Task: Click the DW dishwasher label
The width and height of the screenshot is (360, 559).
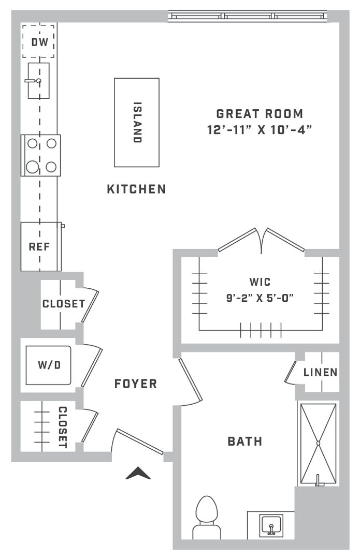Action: (39, 42)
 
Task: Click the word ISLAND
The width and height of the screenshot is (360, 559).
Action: (137, 122)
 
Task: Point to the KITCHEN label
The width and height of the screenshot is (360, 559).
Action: (137, 189)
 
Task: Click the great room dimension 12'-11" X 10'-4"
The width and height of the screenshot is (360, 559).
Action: (260, 130)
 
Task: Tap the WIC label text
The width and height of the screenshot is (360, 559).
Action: (260, 282)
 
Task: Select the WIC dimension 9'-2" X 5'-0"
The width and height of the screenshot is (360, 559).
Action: (260, 298)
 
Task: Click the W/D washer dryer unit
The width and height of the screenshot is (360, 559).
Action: (48, 365)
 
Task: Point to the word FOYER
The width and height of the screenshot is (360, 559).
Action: (136, 384)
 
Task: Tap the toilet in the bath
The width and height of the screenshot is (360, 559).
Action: (207, 517)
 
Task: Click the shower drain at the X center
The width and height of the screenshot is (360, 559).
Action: (318, 443)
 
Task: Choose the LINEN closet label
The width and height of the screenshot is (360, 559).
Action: (321, 373)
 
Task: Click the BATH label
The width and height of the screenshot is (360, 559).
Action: (245, 442)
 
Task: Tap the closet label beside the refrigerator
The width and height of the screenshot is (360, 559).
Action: (64, 304)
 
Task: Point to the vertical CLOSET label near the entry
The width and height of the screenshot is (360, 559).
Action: (63, 427)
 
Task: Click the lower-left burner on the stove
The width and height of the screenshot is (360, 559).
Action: (33, 167)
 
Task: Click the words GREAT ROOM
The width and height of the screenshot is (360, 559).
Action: (260, 114)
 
